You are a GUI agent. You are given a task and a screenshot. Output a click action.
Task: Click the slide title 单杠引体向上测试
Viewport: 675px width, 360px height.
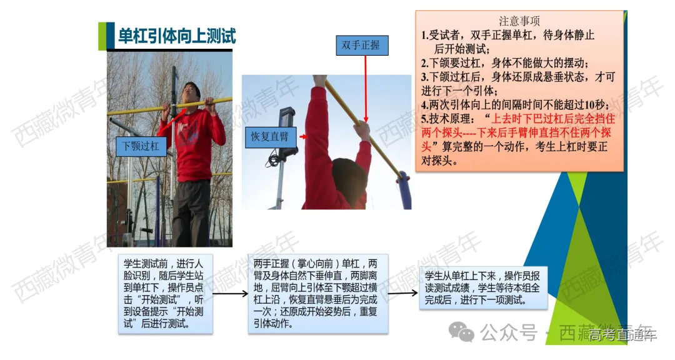pos(177,35)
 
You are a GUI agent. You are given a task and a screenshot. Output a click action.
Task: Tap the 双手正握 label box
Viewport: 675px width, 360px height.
pos(361,45)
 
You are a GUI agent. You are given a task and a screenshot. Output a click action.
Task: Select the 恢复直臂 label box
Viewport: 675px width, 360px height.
pos(270,136)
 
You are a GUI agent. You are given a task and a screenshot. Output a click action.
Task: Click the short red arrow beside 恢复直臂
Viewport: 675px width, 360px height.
pos(302,136)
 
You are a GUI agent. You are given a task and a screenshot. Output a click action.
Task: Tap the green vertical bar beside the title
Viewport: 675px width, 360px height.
pos(102,35)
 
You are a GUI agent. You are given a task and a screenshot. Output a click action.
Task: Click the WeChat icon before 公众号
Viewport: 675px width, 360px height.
pos(465,331)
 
